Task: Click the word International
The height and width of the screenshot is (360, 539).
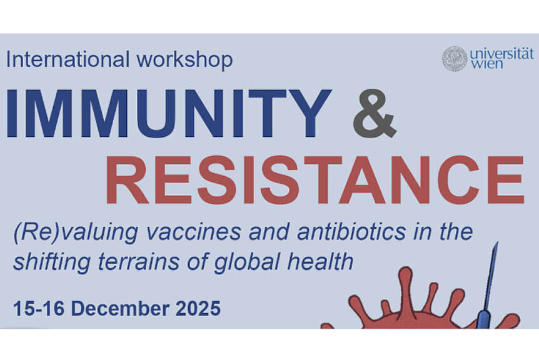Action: tap(68, 59)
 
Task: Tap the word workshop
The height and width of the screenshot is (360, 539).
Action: tap(185, 60)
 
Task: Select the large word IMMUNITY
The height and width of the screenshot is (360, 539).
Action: tap(169, 113)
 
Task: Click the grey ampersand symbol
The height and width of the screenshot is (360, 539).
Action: tap(375, 113)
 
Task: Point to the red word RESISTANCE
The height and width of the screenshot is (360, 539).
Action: tap(315, 180)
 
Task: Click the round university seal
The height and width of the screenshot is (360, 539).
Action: tap(455, 59)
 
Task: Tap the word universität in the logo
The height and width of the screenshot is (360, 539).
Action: tap(502, 54)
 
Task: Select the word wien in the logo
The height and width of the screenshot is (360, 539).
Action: tap(486, 64)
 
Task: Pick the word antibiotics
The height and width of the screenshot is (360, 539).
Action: tap(351, 232)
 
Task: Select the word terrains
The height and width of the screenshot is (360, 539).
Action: tap(139, 262)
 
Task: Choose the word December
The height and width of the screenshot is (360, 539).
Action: tap(120, 309)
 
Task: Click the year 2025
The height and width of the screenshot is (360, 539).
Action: tap(198, 309)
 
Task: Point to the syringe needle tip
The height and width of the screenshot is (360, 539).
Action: tap(496, 242)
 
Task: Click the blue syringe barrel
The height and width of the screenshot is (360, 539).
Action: tap(485, 318)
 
